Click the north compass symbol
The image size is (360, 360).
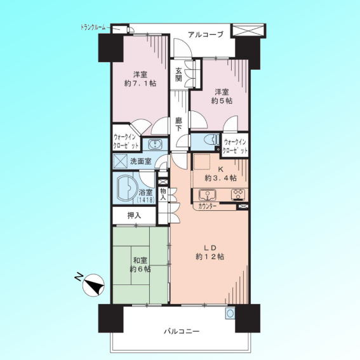[93, 284]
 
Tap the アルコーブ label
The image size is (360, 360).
[206, 35]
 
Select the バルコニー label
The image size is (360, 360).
[182, 331]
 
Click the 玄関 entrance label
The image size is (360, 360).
[179, 75]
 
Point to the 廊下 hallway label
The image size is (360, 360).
[178, 124]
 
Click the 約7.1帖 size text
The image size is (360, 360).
[140, 83]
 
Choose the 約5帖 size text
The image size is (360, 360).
[222, 100]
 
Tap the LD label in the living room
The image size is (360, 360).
[210, 248]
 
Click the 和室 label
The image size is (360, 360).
[140, 260]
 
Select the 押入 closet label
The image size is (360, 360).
[135, 216]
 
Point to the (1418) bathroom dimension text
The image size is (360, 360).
[145, 200]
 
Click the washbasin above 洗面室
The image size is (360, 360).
[155, 144]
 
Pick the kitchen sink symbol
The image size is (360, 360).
[207, 195]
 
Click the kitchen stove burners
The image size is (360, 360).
[238, 195]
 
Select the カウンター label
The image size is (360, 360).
[208, 206]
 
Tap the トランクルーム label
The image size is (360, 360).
[93, 28]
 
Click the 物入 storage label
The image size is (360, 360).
[163, 194]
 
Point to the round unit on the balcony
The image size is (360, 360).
[230, 313]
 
